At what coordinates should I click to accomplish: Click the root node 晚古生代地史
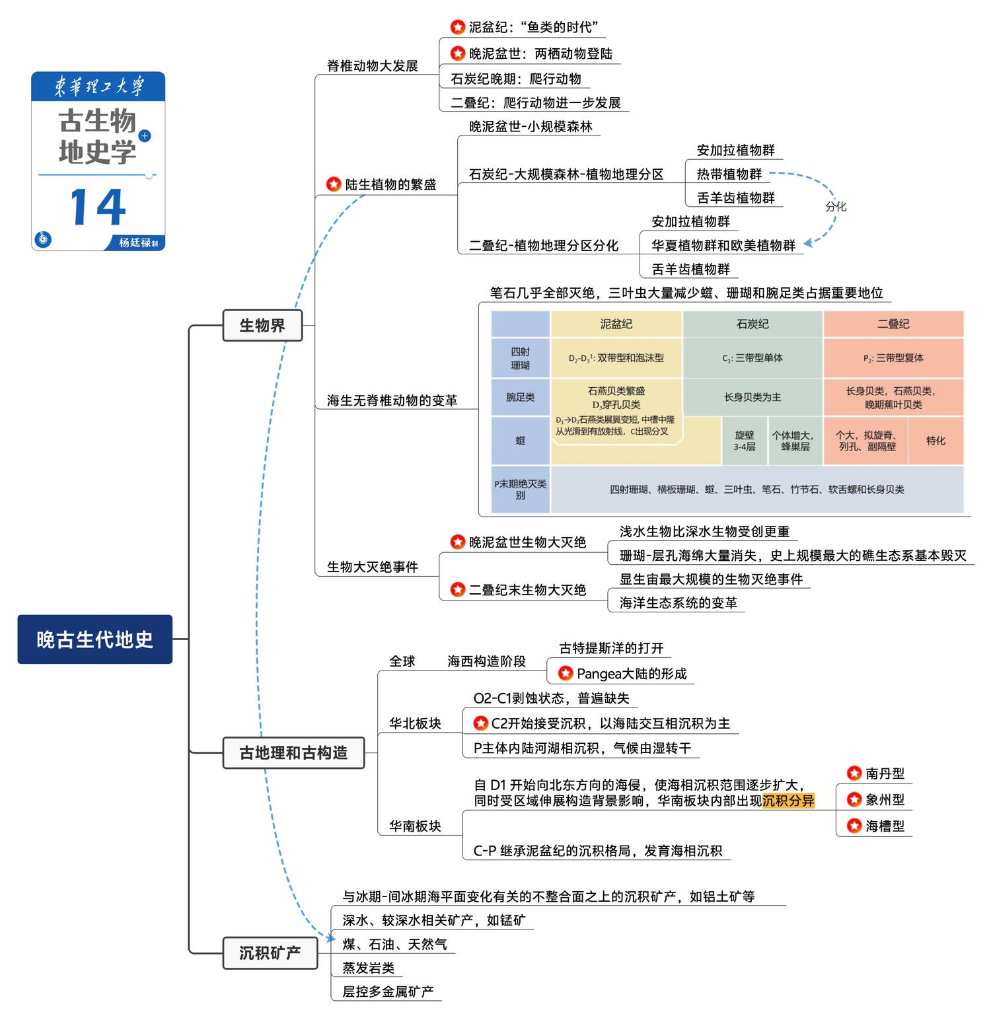coord(94,639)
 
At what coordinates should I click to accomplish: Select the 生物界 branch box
coord(262,325)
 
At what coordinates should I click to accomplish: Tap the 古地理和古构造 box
coord(293,752)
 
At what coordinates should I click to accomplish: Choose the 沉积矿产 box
coord(270,953)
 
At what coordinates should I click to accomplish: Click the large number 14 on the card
coord(98,207)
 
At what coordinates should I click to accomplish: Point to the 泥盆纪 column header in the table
coord(616,324)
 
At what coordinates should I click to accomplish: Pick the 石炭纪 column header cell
coord(752,324)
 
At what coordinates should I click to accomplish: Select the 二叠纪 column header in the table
coord(893,324)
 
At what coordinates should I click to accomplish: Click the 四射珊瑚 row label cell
coord(520,358)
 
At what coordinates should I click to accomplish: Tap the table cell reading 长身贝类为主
coord(752,397)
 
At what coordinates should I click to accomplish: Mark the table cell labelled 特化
coord(936,441)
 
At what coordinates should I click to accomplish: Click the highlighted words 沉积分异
coord(788,801)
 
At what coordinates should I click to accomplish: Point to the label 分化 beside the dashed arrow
coord(835,206)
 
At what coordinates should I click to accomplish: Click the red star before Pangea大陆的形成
coord(566,673)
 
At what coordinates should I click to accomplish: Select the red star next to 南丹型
coord(854,773)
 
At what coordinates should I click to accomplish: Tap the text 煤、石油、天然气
coord(394,944)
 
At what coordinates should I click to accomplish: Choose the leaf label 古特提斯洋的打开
coord(611,648)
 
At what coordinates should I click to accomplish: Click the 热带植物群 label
coord(729,174)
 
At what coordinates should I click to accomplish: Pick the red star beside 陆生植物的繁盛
coord(334,184)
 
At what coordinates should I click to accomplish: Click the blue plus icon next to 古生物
coord(145,135)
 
